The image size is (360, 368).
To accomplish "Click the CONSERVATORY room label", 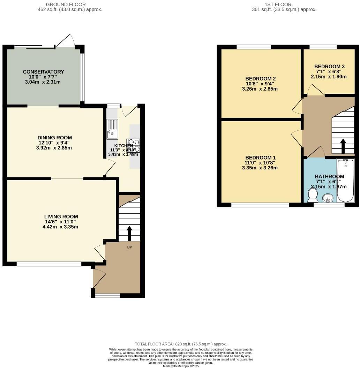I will pyautogui.click(x=44, y=72).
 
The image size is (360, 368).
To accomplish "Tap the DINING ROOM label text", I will pyautogui.click(x=55, y=137).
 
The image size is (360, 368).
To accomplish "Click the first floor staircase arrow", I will pyautogui.click(x=343, y=146).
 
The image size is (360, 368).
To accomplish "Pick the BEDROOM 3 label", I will pyautogui.click(x=329, y=67).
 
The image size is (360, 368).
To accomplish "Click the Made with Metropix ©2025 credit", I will pyautogui.click(x=181, y=366).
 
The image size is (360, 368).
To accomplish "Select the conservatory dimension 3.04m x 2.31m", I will pyautogui.click(x=44, y=82).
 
